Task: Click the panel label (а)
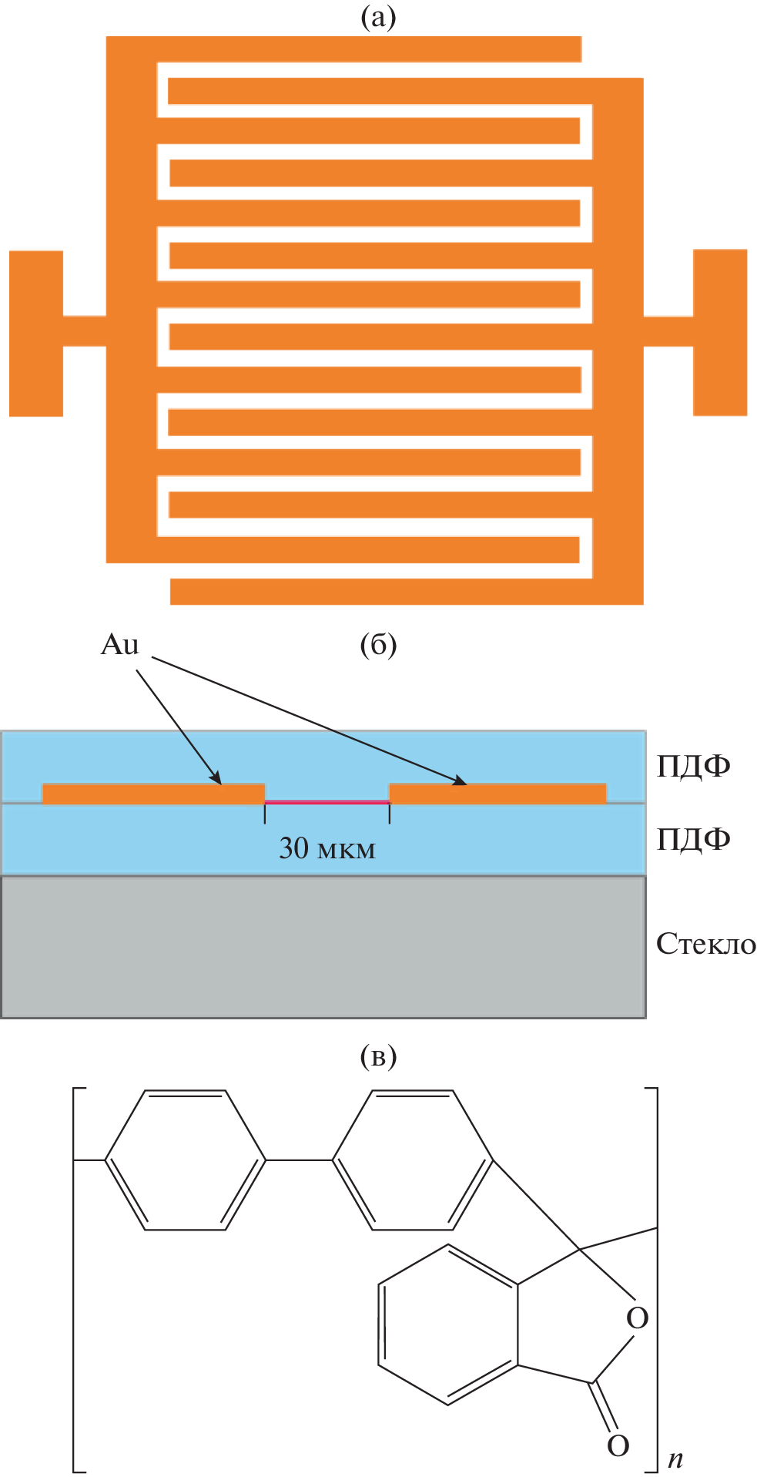(378, 17)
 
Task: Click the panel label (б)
(378, 644)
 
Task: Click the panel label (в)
(378, 1056)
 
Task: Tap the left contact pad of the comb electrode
(36, 333)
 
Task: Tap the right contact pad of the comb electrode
(720, 332)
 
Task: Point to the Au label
(119, 645)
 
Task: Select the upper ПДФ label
(693, 766)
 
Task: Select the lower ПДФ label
(693, 838)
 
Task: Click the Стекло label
(705, 944)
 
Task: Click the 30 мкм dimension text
(327, 848)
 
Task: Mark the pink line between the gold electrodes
(327, 802)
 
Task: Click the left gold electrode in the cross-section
(153, 794)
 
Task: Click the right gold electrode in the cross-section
(497, 794)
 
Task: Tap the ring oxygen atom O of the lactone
(638, 1318)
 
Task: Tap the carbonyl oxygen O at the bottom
(618, 1446)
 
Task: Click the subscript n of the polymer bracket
(675, 1459)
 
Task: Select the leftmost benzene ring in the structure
(186, 1160)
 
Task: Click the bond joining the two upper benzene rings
(300, 1160)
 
